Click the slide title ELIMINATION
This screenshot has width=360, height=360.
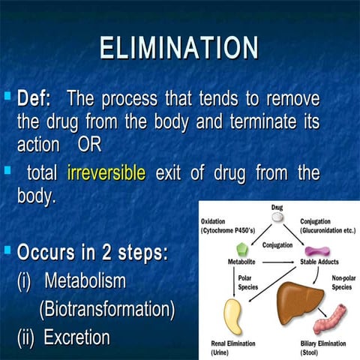180,48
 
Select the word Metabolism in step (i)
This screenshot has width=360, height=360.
85,281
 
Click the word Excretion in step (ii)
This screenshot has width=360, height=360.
76,337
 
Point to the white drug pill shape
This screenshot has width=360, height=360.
277,217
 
